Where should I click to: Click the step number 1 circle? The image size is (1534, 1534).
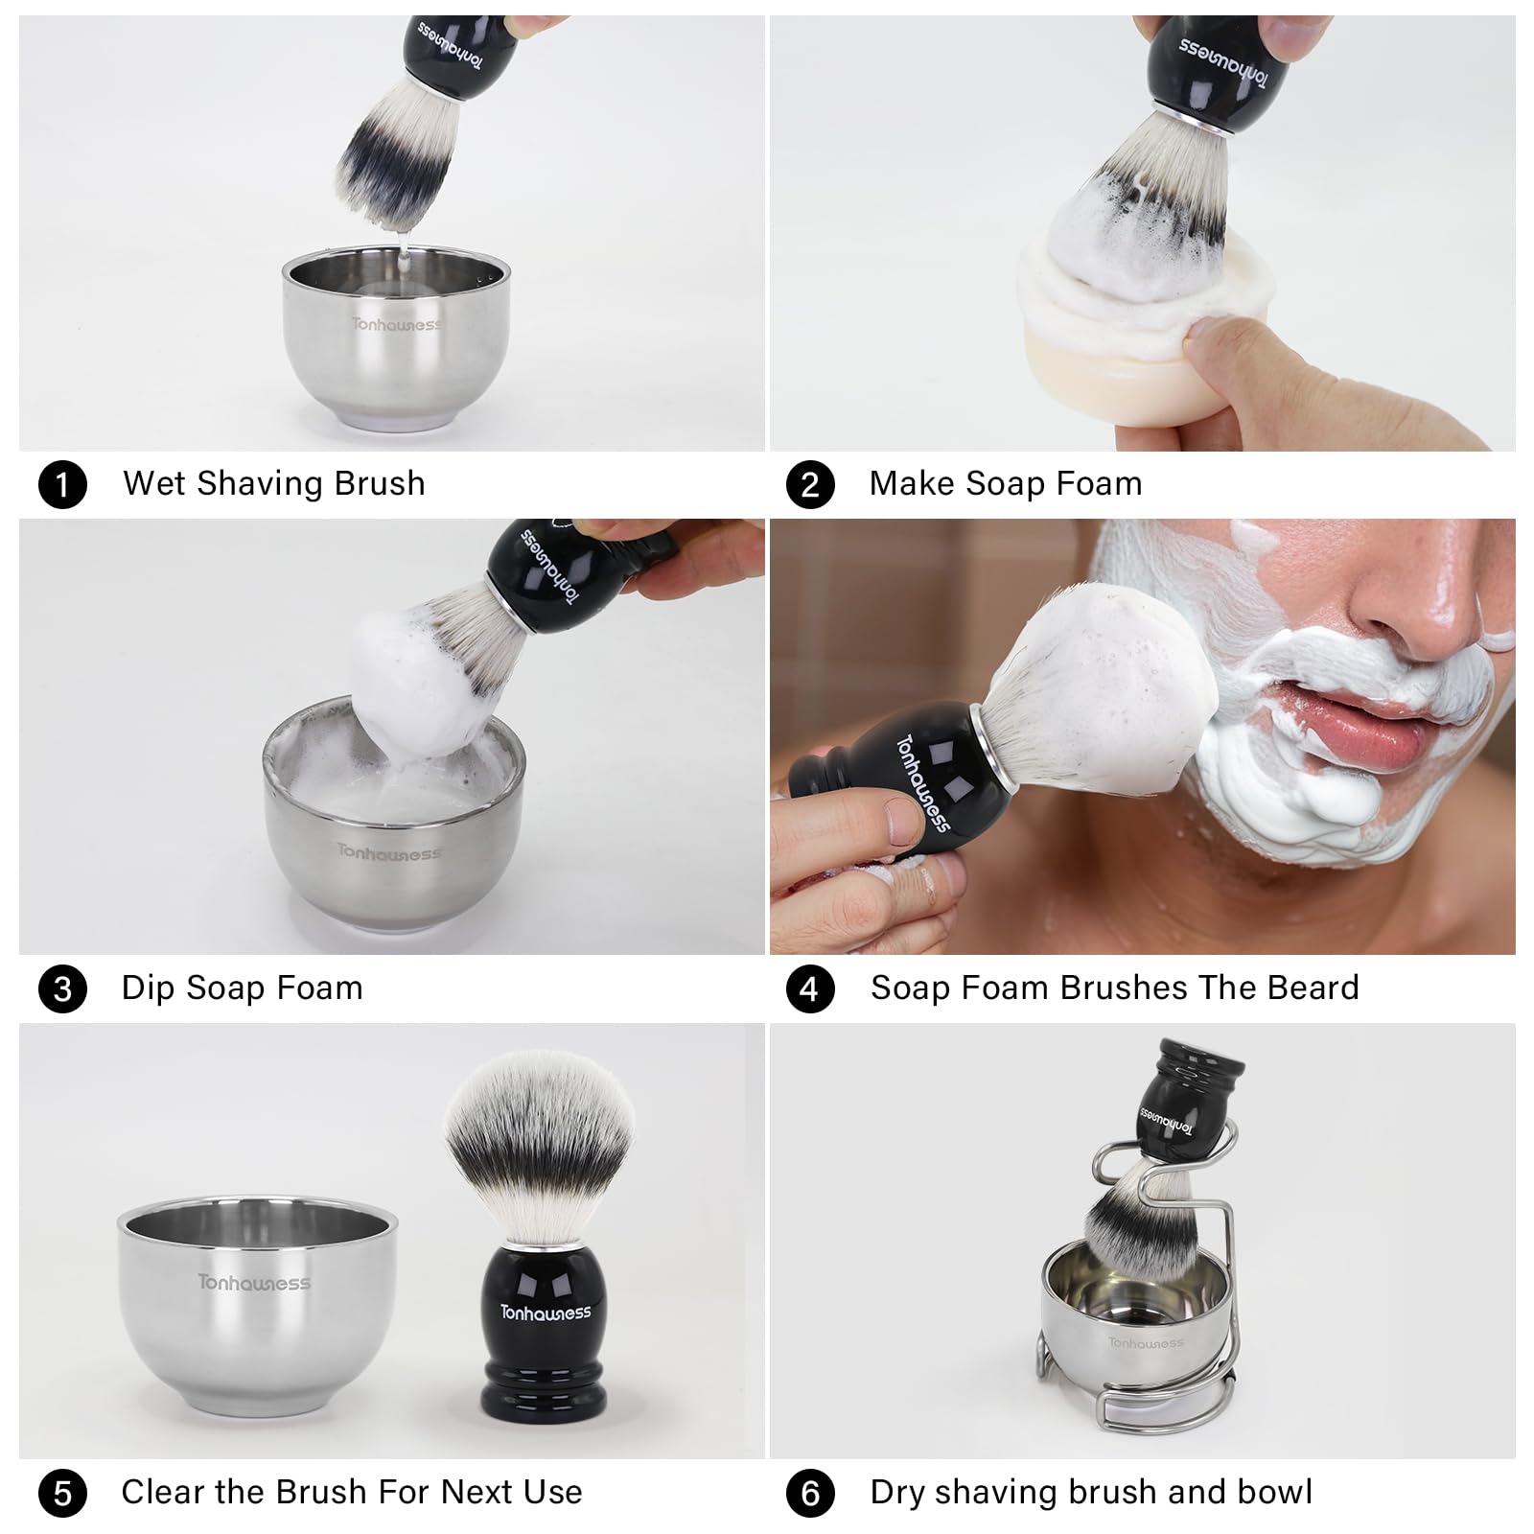(x=62, y=484)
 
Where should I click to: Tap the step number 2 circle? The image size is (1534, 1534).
(x=810, y=484)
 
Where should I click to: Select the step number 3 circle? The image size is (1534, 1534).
(x=62, y=988)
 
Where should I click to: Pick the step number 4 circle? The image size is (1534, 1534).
(x=810, y=988)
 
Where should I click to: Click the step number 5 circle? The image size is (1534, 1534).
(x=62, y=1493)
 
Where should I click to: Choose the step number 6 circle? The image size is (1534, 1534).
(x=810, y=1493)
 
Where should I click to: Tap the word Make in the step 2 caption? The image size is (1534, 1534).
(x=913, y=483)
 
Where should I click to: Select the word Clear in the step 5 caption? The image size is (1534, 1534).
(x=163, y=1492)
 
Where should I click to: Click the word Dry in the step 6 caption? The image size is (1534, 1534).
(x=898, y=1494)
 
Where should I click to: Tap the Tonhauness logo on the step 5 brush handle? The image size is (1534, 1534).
(x=546, y=1312)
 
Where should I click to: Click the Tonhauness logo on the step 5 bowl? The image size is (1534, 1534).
(x=254, y=1282)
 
